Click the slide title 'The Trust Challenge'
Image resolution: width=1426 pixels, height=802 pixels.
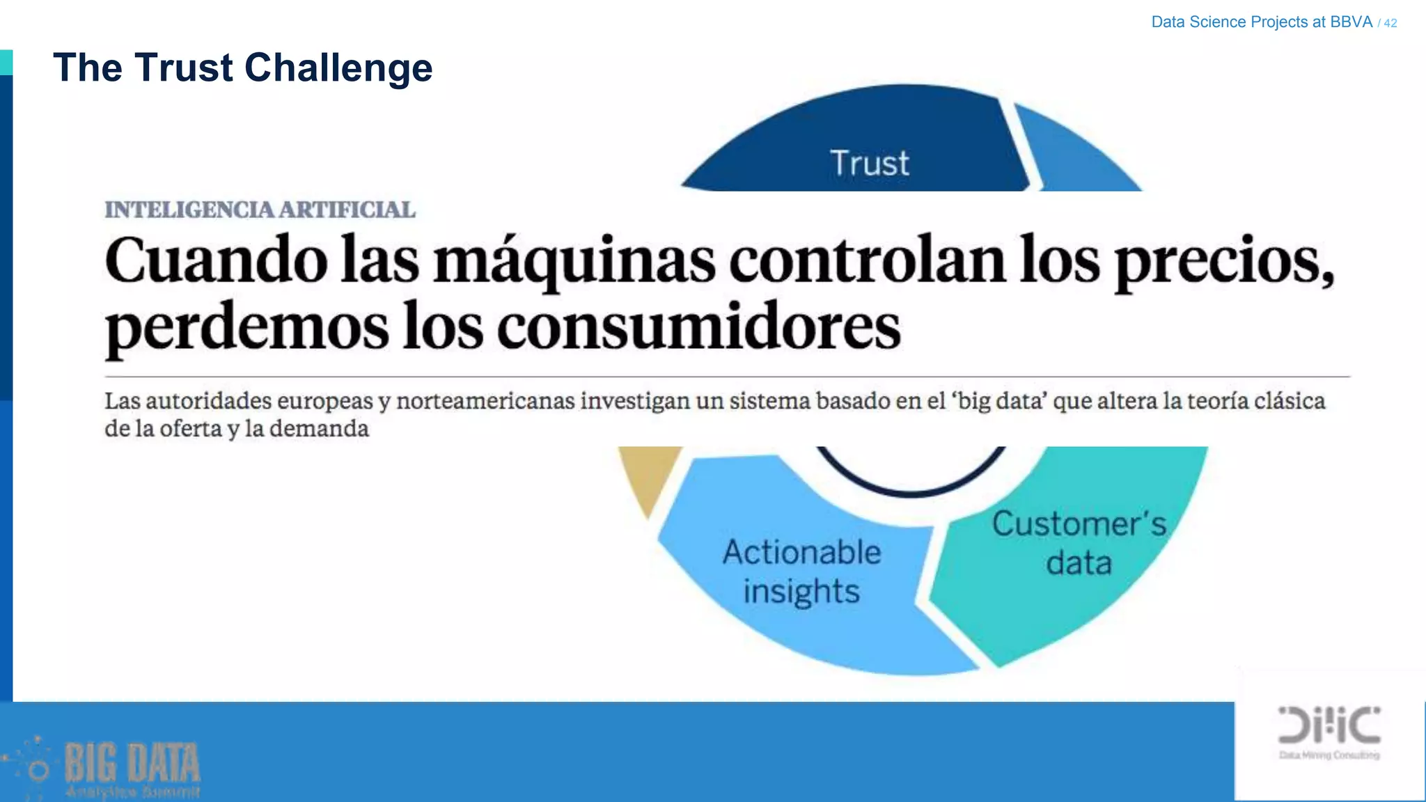click(x=242, y=68)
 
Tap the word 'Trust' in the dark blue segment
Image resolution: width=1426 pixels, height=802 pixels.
click(x=870, y=164)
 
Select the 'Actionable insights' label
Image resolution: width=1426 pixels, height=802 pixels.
click(x=801, y=572)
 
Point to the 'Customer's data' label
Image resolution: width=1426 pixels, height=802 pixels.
click(x=1079, y=543)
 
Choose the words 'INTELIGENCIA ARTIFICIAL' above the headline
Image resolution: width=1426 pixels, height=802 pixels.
click(x=260, y=210)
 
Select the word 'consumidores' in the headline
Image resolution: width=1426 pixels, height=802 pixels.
click(x=698, y=327)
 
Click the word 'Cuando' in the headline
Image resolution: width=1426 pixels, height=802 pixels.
click(x=216, y=260)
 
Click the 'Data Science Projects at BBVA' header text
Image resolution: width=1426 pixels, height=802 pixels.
click(x=1261, y=22)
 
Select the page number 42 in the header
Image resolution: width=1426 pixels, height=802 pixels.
click(x=1390, y=23)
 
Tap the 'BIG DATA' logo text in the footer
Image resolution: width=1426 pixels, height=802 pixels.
click(x=132, y=763)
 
